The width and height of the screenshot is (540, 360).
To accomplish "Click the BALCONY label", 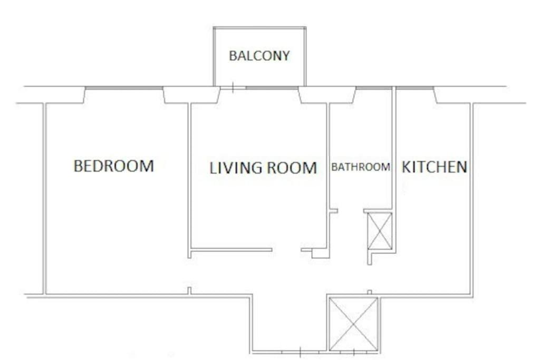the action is click(x=259, y=56).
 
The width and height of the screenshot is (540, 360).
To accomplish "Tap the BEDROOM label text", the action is click(x=114, y=166).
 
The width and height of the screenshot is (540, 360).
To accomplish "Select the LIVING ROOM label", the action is click(x=264, y=168).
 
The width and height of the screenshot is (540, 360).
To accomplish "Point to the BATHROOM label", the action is click(x=361, y=167).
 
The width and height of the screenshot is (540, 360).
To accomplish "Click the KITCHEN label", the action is click(x=435, y=167).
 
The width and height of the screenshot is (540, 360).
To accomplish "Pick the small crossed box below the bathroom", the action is click(x=380, y=230).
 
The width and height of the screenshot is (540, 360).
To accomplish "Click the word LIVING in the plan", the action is click(x=236, y=168).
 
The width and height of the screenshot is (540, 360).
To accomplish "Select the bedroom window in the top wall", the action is click(x=124, y=88).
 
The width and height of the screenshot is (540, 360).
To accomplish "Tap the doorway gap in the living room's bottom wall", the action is click(x=286, y=250).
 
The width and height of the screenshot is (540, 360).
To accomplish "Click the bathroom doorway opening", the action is click(x=351, y=211).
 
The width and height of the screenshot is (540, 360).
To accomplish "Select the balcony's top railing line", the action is click(x=259, y=27).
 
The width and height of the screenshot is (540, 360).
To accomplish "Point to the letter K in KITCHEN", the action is click(x=407, y=167).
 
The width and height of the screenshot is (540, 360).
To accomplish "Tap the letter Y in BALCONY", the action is click(x=285, y=56).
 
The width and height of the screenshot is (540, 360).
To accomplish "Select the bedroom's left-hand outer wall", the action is click(x=44, y=199).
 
